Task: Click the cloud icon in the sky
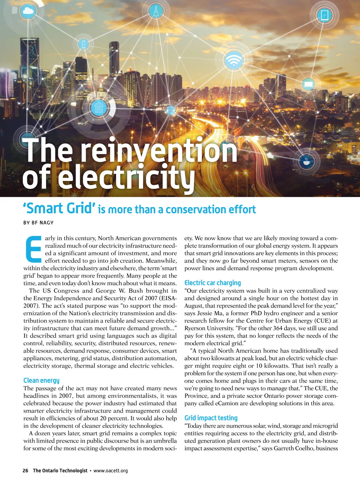[28, 11]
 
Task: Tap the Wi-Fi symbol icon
[233, 61]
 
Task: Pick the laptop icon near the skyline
[308, 84]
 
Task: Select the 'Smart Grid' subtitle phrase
[59, 208]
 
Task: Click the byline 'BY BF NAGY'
[38, 223]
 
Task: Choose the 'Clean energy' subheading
[41, 380]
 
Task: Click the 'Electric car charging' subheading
[212, 283]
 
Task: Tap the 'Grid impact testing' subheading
[211, 418]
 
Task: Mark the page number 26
[25, 470]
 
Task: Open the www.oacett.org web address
[111, 470]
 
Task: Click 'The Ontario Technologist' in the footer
[60, 470]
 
